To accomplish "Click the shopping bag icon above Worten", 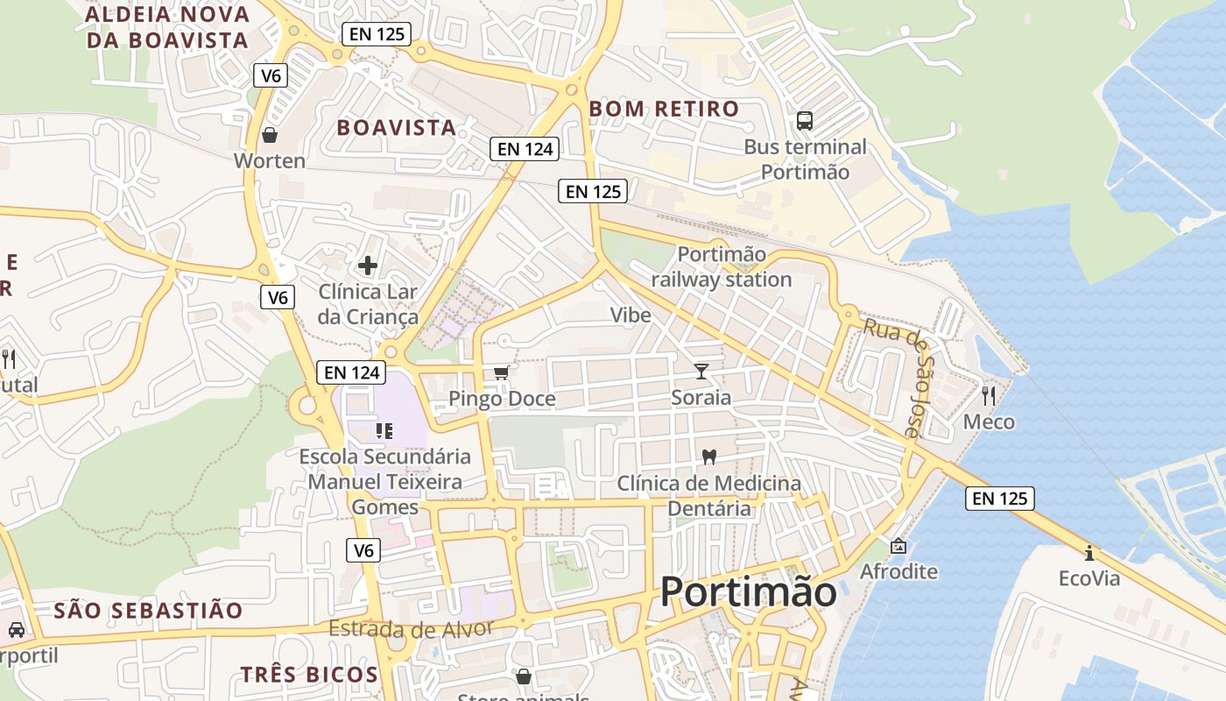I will point(270,135).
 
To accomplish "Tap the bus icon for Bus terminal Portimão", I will point(804,121).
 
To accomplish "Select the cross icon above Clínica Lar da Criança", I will point(368,265).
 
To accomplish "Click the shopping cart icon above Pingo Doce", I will point(501,373).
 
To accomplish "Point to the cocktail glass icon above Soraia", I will point(701,372).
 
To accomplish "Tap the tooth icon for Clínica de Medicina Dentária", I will point(709,457).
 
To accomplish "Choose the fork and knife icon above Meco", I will point(989,396).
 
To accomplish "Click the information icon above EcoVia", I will point(1089,553).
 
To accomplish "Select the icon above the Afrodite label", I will point(898,546).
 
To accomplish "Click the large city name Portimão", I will point(748,592).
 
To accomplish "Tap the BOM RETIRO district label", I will point(664,110).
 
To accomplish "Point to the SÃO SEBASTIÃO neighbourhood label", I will point(148,611).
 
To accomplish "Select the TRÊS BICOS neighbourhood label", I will point(309,675).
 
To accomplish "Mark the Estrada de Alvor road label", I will point(412,628).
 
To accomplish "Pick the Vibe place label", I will point(631,315).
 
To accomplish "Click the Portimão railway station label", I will point(722,267).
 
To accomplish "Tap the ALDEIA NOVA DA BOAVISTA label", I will point(167,27).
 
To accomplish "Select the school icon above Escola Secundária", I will point(384,430).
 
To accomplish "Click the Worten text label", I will point(270,161).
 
